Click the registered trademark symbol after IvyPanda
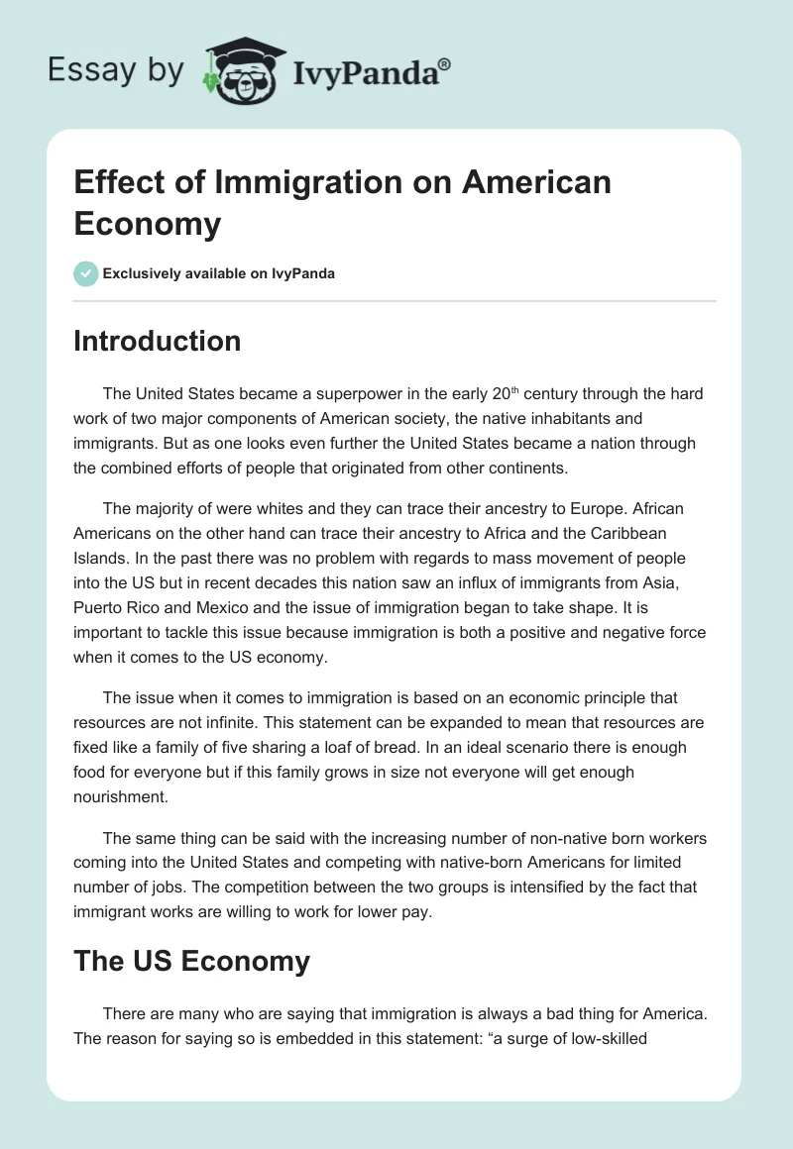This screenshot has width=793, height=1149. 445,63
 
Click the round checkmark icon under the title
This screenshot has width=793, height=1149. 85,273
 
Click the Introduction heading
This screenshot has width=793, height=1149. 157,341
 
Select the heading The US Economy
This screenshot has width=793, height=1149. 191,961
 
